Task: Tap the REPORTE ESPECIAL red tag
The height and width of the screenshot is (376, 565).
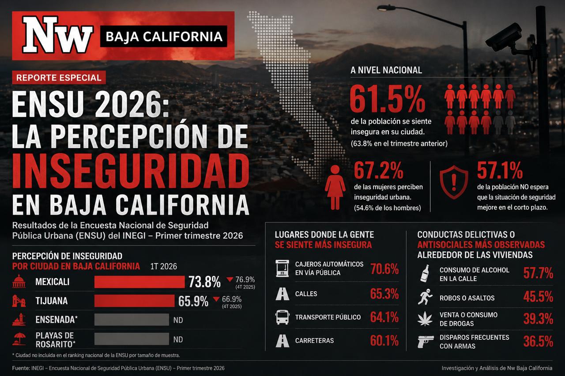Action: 59,78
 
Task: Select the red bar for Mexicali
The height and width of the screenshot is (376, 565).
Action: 139,282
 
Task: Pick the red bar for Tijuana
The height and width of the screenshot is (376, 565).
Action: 134,301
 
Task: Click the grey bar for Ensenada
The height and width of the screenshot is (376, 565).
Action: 132,320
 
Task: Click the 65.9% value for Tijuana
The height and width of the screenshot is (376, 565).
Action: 193,302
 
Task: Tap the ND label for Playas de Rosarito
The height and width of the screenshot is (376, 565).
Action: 178,339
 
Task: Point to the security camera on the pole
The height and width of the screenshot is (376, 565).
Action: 505,38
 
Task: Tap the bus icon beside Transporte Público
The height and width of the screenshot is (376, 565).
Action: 282,317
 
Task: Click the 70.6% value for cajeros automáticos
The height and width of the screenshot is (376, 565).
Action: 384,269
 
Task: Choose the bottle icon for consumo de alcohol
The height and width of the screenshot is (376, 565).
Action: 425,274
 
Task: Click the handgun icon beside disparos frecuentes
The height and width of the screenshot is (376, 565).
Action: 426,341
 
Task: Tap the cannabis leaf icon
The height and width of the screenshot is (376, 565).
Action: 425,319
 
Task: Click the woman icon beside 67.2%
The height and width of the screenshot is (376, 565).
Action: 335,187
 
